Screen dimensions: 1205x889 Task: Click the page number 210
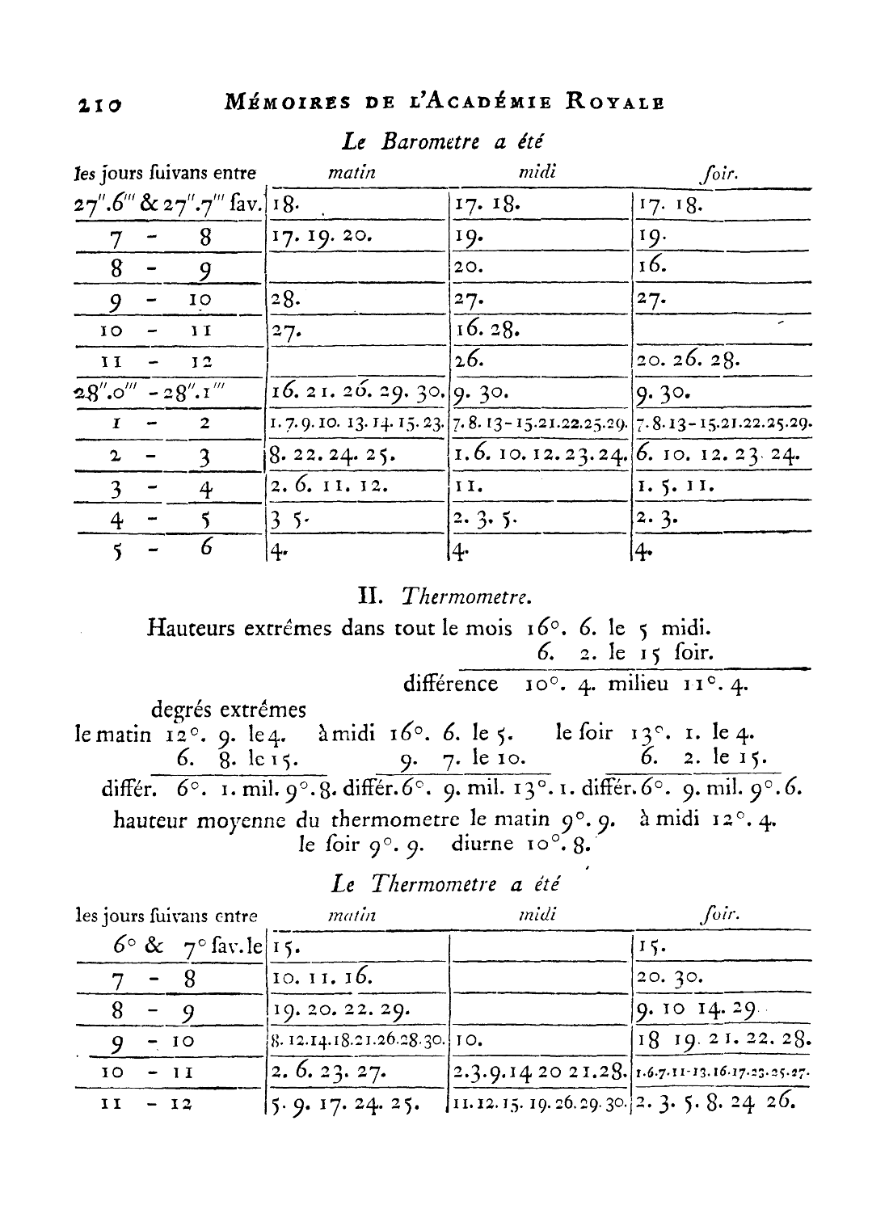[99, 104]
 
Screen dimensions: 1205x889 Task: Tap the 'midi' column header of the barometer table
[537, 171]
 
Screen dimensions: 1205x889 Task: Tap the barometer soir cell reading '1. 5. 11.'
[668, 487]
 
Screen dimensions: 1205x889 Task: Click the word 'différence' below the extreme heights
[450, 685]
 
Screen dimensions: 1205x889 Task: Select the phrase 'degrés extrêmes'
[229, 710]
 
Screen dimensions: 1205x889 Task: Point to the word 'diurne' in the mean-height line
[482, 844]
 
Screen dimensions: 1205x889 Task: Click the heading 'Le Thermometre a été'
[446, 883]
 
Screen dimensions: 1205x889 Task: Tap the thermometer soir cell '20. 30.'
[670, 978]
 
